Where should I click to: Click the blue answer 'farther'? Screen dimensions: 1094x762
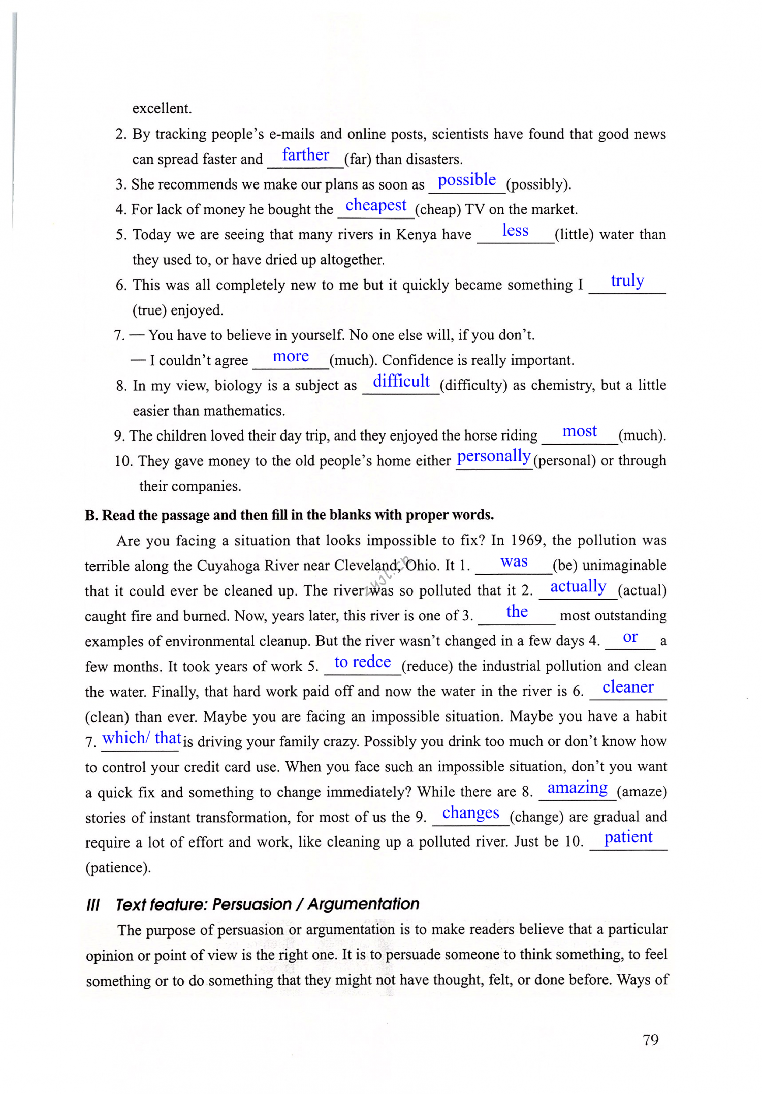(x=305, y=155)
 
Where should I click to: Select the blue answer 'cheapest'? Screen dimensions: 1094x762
(x=376, y=206)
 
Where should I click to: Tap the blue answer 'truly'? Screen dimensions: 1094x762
(x=627, y=281)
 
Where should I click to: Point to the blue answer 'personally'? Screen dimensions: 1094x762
(x=494, y=457)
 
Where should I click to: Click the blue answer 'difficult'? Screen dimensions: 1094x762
(x=401, y=381)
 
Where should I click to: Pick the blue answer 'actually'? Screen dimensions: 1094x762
(x=578, y=587)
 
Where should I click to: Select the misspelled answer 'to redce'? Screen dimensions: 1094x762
(x=363, y=662)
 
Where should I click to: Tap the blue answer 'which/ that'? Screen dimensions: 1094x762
(x=142, y=738)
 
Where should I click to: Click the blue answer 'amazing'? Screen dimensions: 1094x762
(x=578, y=788)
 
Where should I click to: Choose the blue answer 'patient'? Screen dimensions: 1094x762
(x=628, y=837)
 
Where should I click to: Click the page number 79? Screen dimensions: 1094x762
(x=650, y=1040)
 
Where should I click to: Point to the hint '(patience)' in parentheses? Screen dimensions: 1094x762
(x=118, y=867)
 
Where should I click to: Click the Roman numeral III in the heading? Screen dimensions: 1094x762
(x=93, y=905)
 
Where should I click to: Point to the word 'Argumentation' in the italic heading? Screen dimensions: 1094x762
(x=364, y=904)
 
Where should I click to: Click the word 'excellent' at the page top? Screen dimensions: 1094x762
(x=162, y=108)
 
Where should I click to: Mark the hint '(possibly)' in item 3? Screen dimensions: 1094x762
(x=538, y=184)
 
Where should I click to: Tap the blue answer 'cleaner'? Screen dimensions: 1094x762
(x=628, y=687)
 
